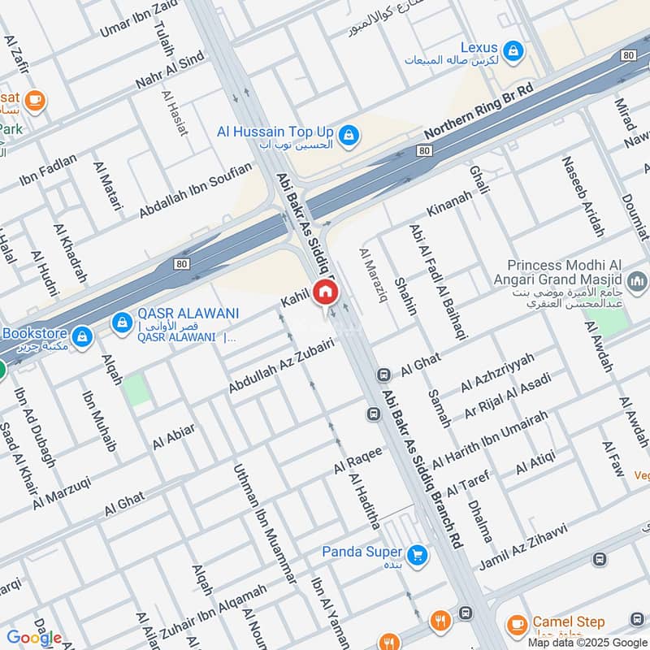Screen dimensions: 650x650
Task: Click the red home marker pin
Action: (x=325, y=291)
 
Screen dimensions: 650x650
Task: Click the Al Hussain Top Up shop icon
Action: (x=349, y=135)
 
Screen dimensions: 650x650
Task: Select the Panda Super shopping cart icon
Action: (x=418, y=554)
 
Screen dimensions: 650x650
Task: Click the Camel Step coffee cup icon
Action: (x=515, y=625)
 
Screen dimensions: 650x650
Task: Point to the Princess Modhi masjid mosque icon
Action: (x=639, y=281)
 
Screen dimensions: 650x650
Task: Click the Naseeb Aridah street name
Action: (x=583, y=195)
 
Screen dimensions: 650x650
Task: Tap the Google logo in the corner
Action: (x=34, y=638)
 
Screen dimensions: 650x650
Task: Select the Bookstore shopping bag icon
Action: (x=81, y=335)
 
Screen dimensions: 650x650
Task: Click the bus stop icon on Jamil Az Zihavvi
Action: (x=599, y=559)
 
